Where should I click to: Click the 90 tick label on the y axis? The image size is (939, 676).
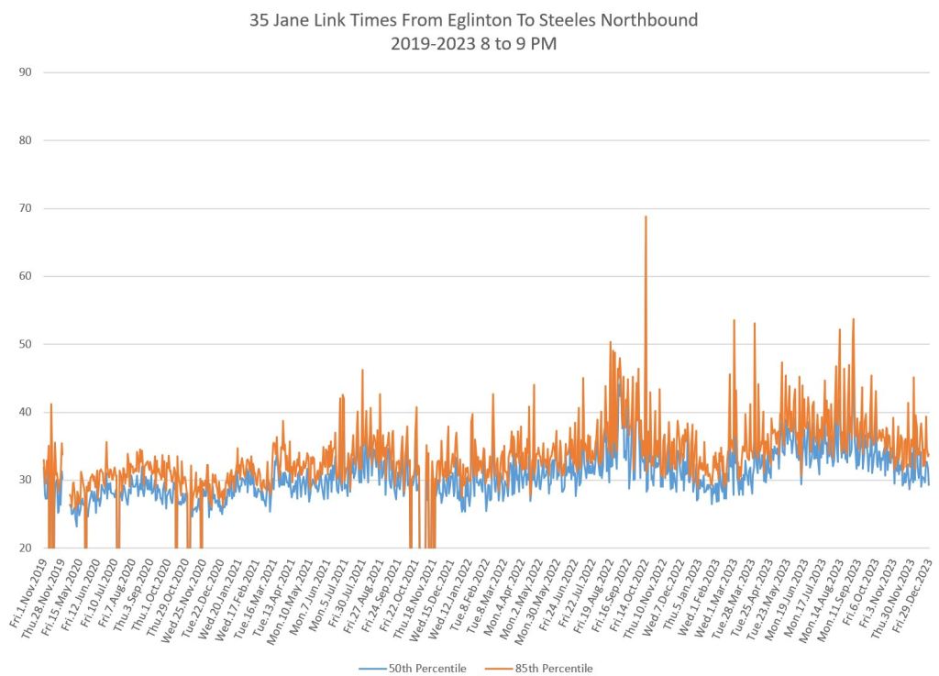[26, 72]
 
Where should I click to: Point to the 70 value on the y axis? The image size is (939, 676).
[26, 208]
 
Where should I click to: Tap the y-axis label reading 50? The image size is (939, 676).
[26, 344]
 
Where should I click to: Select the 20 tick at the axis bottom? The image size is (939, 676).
[26, 548]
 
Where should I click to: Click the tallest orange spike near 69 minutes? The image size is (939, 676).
[646, 218]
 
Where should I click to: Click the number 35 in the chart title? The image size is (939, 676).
[259, 19]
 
